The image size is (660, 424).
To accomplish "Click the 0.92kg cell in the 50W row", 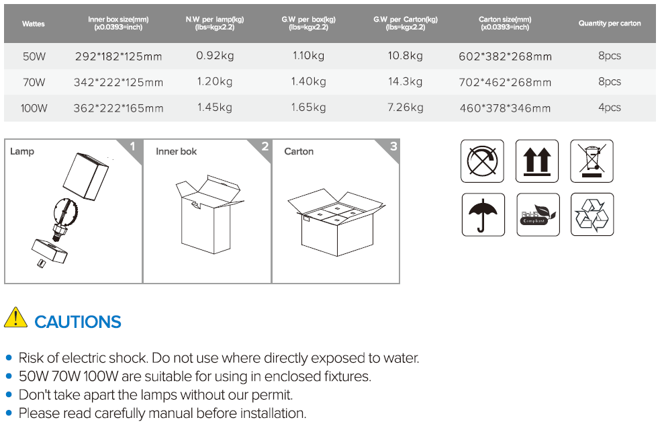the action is pyautogui.click(x=215, y=56).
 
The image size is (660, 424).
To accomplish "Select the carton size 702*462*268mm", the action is pyautogui.click(x=505, y=82).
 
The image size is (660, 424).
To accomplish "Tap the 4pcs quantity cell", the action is pyautogui.click(x=610, y=108).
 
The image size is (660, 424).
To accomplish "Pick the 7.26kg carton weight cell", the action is pyautogui.click(x=405, y=108).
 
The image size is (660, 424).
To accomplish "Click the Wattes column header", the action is pyautogui.click(x=34, y=24).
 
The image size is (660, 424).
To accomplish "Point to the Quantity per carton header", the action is pyautogui.click(x=610, y=23).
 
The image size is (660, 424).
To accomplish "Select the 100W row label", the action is pyautogui.click(x=34, y=108).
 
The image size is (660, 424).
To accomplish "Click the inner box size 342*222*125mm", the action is pyautogui.click(x=118, y=82).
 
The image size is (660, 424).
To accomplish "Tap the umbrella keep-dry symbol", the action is pyautogui.click(x=483, y=215).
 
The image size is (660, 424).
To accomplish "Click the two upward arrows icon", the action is pyautogui.click(x=536, y=161).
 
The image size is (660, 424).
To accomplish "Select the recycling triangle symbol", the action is pyautogui.click(x=592, y=215).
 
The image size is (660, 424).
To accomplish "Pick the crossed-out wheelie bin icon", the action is pyautogui.click(x=592, y=161).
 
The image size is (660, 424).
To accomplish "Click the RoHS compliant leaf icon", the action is pyautogui.click(x=538, y=215).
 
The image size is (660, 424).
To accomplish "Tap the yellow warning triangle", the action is pyautogui.click(x=15, y=317).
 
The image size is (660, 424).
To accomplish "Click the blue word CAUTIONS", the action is pyautogui.click(x=78, y=322).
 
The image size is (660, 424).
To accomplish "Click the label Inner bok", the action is pyautogui.click(x=176, y=152).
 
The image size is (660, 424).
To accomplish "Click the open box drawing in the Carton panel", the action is pyautogui.click(x=336, y=223).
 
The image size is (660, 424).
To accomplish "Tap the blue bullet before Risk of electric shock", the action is pyautogui.click(x=9, y=358).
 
